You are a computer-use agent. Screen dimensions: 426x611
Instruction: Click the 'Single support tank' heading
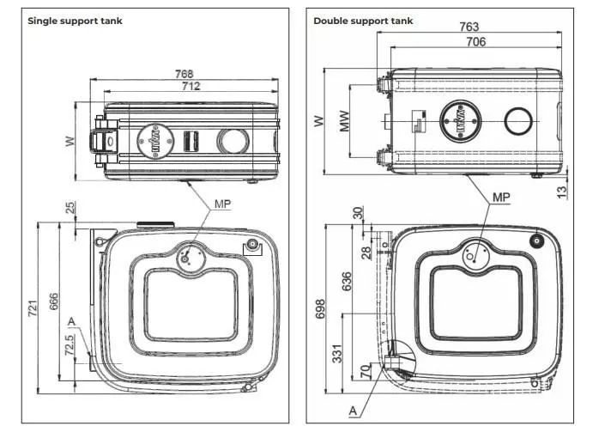pyautogui.click(x=76, y=20)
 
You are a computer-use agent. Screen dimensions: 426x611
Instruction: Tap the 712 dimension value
pyautogui.click(x=190, y=85)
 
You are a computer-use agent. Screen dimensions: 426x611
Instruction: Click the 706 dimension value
pyautogui.click(x=475, y=41)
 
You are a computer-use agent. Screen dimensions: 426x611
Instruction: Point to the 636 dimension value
pyautogui.click(x=346, y=281)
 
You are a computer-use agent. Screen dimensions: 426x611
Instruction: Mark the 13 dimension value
pyautogui.click(x=562, y=192)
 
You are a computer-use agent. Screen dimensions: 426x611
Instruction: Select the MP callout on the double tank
pyautogui.click(x=502, y=198)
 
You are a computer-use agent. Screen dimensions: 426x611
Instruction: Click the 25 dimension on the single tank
pyautogui.click(x=71, y=208)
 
